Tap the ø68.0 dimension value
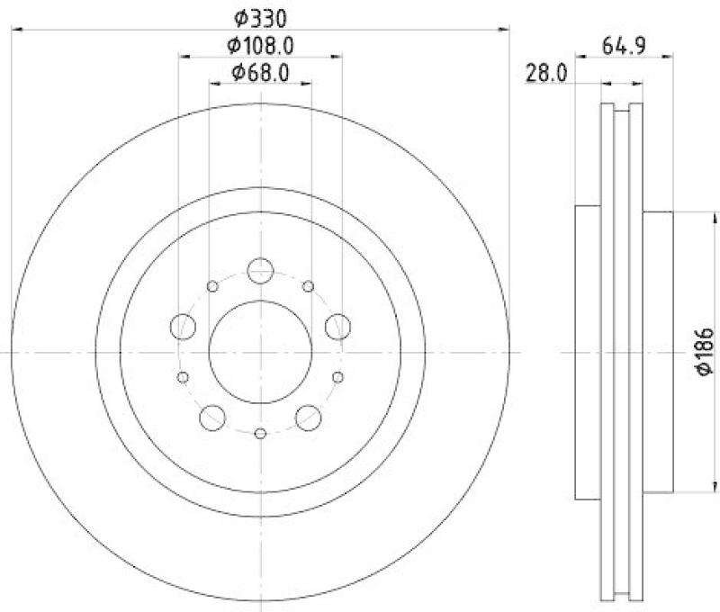click(260, 73)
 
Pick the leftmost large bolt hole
click(183, 326)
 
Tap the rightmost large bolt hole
click(339, 326)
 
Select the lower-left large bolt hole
click(213, 416)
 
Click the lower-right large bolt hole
click(308, 416)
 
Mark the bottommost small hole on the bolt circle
click(260, 434)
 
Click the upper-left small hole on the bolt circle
click(212, 286)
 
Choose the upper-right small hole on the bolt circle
click(309, 286)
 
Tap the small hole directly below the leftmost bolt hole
click(183, 377)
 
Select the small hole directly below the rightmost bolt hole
click(338, 377)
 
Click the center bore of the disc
click(260, 351)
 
